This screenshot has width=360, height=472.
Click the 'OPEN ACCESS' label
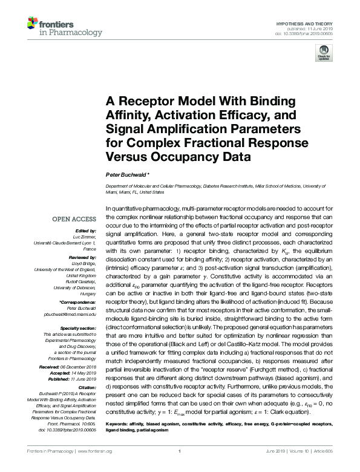coord(74,220)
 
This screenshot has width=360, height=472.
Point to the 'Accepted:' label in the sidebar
coord(68,373)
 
